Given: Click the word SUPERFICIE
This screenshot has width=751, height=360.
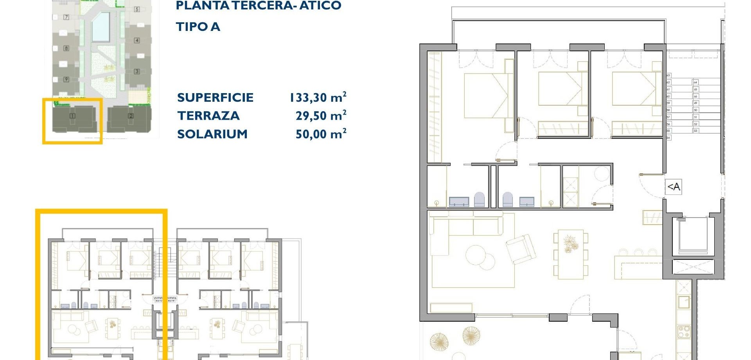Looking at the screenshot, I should click(215, 97).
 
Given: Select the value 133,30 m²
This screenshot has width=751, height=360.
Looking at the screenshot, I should click(318, 97).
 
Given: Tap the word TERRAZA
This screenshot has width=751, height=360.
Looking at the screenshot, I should click(208, 116).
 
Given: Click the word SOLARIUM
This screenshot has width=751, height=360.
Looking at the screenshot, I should click(212, 134).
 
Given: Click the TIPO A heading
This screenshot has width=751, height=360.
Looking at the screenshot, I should click(198, 27).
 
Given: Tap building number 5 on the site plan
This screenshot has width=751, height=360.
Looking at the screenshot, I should click(137, 9).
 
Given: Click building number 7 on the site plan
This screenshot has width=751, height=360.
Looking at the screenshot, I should click(66, 17).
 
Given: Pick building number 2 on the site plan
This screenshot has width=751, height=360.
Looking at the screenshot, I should click(131, 116).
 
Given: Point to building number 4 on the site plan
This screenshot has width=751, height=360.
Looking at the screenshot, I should click(137, 40).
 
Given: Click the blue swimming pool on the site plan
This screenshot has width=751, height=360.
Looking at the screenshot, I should click(101, 26).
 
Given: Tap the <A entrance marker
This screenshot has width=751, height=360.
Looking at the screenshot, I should click(674, 187).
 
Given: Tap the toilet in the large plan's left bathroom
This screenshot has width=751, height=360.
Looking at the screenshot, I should click(479, 199).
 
